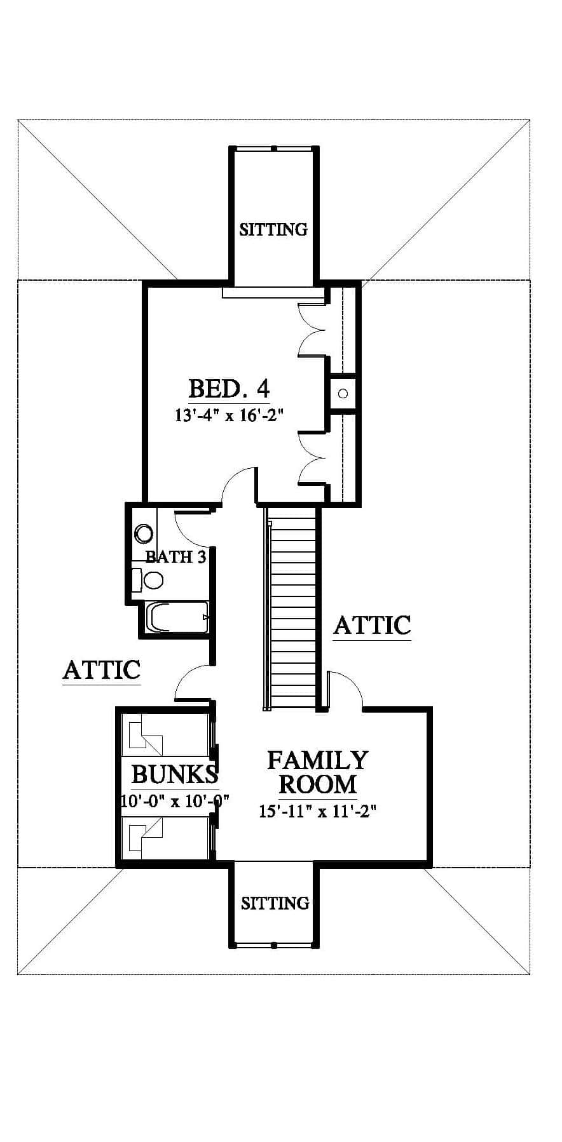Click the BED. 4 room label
229,388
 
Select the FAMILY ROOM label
317,772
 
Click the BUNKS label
175,774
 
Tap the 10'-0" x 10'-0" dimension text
175,800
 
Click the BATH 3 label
176,557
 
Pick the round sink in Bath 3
144,534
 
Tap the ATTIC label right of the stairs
372,625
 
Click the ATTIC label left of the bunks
101,669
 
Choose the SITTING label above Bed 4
273,229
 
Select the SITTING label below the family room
275,903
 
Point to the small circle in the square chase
343,394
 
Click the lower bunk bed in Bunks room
165,837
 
